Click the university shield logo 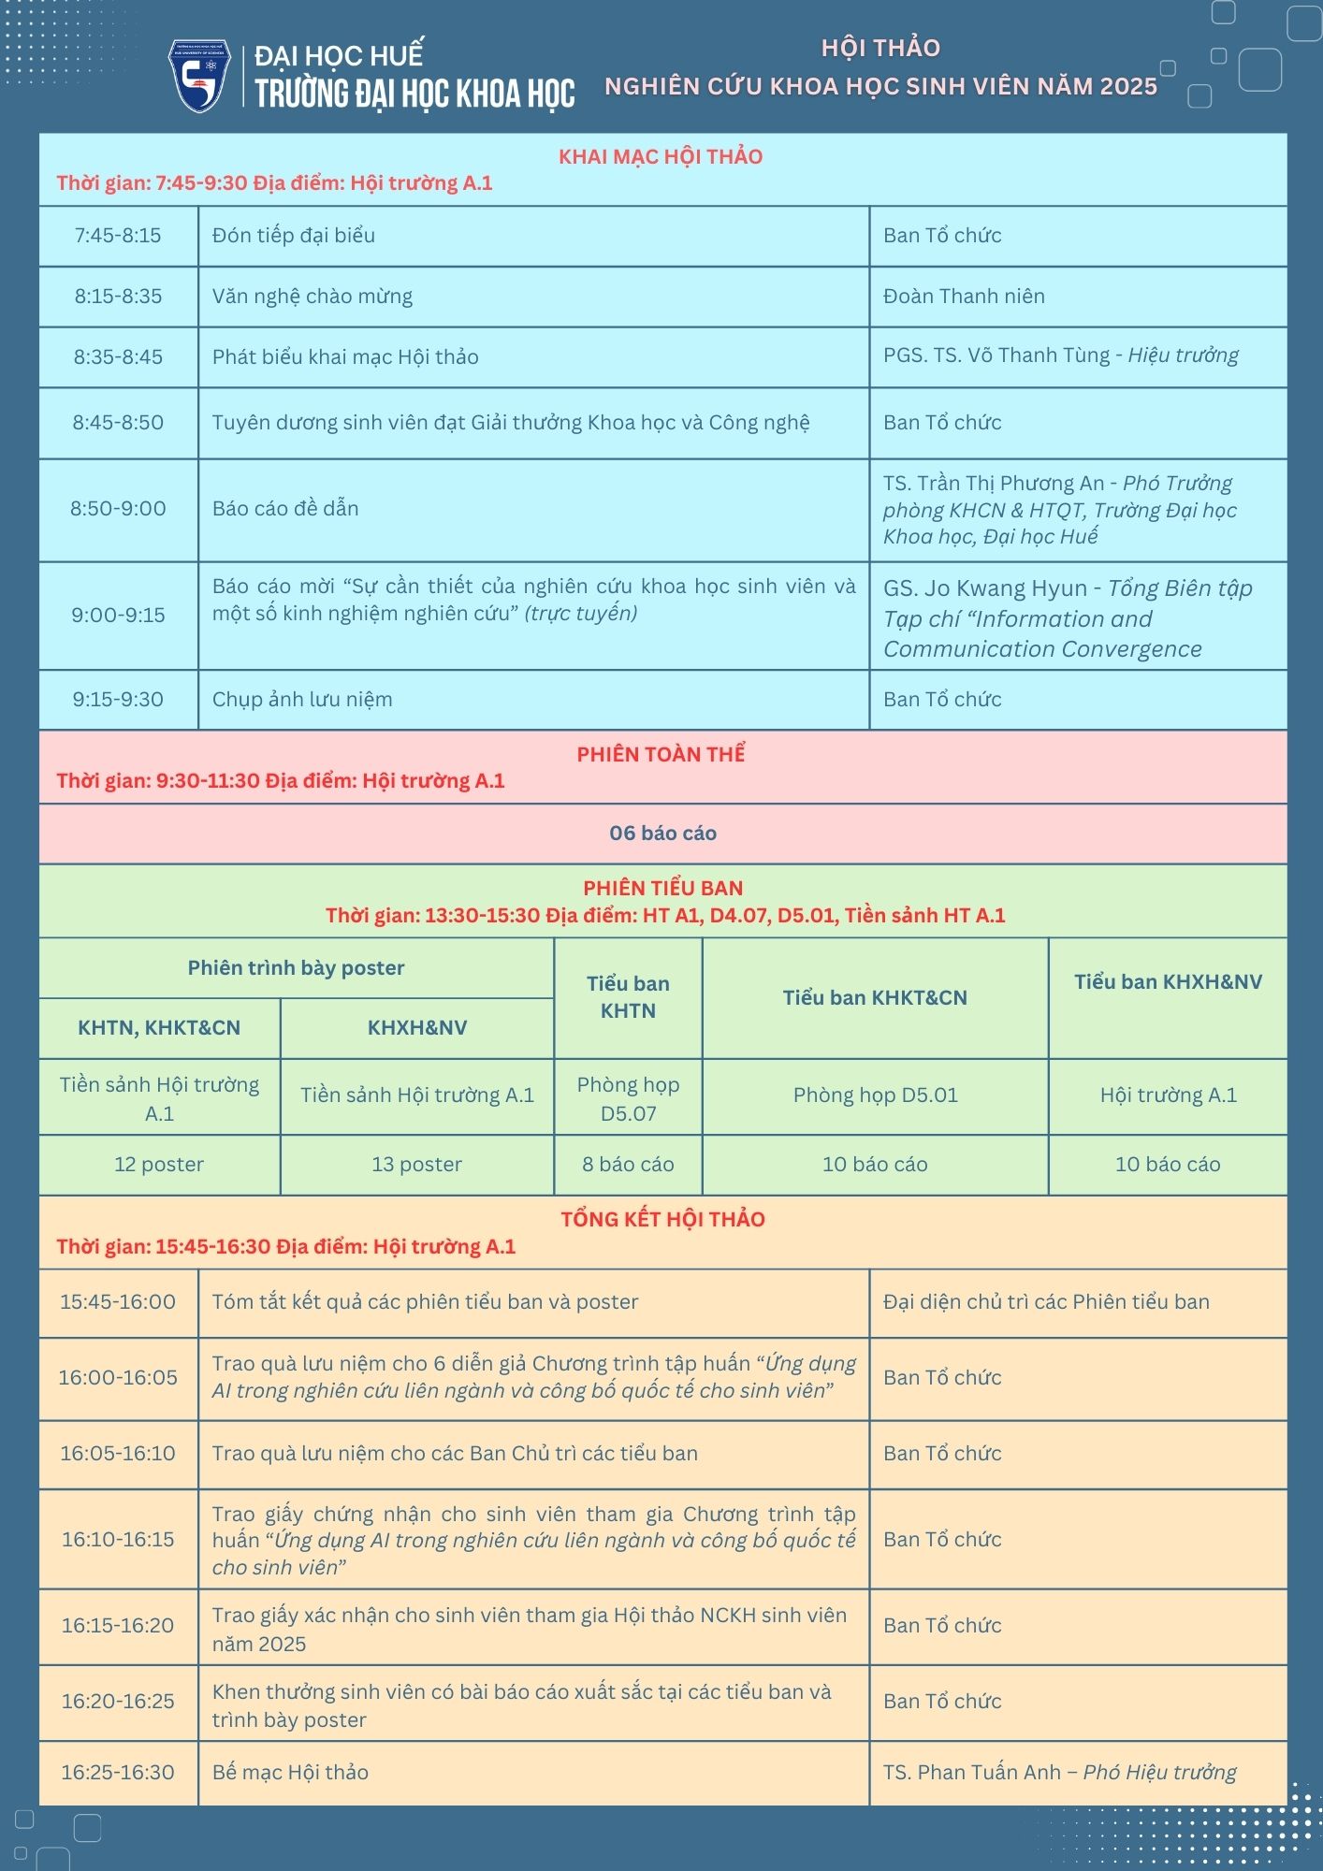[x=198, y=76]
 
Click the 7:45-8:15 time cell [x=118, y=236]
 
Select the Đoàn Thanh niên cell [x=964, y=297]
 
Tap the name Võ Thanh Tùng [x=1054, y=355]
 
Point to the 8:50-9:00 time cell [x=118, y=509]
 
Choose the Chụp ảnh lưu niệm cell [x=302, y=700]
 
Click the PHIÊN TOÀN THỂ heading [x=661, y=754]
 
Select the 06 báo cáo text [x=662, y=834]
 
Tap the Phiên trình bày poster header [x=296, y=968]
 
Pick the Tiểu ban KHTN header [x=628, y=997]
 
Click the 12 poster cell [x=159, y=1165]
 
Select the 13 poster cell [x=416, y=1165]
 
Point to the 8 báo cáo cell [x=628, y=1165]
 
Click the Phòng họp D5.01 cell [x=875, y=1095]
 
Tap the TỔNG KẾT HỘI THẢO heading [x=662, y=1219]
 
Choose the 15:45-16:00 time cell [x=118, y=1302]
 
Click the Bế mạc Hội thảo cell [x=290, y=1773]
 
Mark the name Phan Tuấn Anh [x=989, y=1773]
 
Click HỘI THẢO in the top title [x=880, y=48]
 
